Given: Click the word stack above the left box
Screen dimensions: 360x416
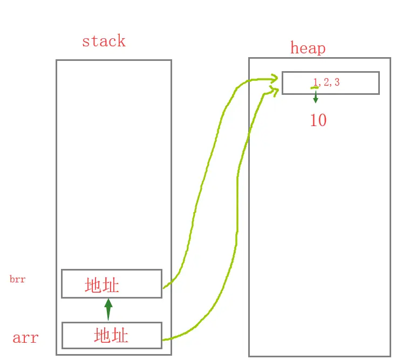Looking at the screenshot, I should click(103, 41).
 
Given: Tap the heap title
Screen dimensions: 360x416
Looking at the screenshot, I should click(308, 48).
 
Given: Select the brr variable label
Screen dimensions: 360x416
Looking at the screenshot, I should click(17, 280).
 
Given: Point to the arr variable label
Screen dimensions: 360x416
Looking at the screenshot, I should click(25, 338).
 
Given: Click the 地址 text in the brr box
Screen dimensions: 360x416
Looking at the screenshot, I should click(102, 285).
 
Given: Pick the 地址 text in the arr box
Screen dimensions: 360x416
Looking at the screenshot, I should click(111, 336).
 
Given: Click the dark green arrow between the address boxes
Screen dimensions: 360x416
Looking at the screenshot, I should click(108, 311).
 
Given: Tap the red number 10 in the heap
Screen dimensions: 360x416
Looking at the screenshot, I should click(318, 120).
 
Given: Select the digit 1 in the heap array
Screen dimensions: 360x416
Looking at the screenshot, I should click(315, 82).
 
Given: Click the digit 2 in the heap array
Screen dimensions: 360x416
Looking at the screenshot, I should click(326, 82).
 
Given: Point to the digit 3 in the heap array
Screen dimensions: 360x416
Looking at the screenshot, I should click(337, 82).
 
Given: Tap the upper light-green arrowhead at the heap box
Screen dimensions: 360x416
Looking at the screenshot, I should click(274, 79).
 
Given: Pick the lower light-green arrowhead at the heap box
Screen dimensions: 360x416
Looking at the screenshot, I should click(275, 92).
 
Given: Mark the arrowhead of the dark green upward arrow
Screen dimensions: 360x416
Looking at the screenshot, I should click(108, 303).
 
